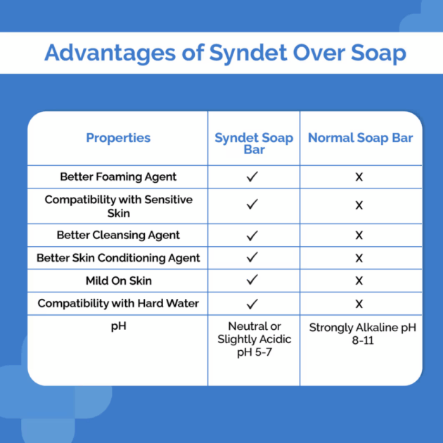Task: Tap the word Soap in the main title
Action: tap(378, 53)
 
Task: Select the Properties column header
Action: tap(118, 138)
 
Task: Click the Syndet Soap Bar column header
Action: tap(254, 143)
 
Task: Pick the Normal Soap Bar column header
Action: tap(360, 138)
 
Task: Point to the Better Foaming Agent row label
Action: tap(118, 177)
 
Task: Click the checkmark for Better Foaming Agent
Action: tap(252, 176)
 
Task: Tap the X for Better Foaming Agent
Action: tap(359, 177)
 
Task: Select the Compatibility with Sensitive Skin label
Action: tap(118, 206)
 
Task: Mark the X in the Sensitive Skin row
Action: tap(359, 205)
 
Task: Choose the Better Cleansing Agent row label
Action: tap(118, 235)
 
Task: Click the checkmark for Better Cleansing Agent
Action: tap(252, 236)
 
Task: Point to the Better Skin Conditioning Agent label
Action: tap(118, 258)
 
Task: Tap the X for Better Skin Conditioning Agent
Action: tap(359, 258)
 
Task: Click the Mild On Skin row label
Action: tap(119, 281)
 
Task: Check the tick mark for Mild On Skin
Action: tap(252, 279)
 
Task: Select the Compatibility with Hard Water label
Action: tap(118, 304)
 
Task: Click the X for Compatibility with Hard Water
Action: tap(359, 304)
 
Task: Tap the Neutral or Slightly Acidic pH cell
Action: tap(255, 340)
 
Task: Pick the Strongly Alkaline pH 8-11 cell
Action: tap(362, 334)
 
